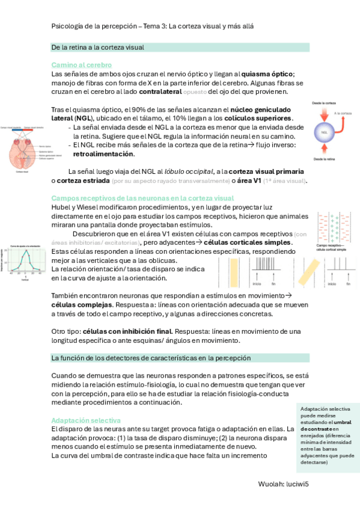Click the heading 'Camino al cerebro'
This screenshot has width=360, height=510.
click(x=82, y=64)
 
